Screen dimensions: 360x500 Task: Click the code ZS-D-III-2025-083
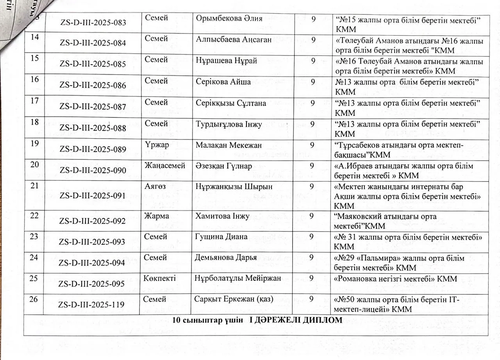(x=93, y=23)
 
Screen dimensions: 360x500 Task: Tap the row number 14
(x=35, y=38)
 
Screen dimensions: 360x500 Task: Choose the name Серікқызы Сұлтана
(x=231, y=103)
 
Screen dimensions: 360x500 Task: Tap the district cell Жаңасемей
(x=165, y=166)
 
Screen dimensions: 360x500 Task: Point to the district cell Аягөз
(x=155, y=187)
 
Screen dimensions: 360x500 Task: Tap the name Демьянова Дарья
(x=226, y=258)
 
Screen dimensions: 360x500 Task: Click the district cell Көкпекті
(x=159, y=278)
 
